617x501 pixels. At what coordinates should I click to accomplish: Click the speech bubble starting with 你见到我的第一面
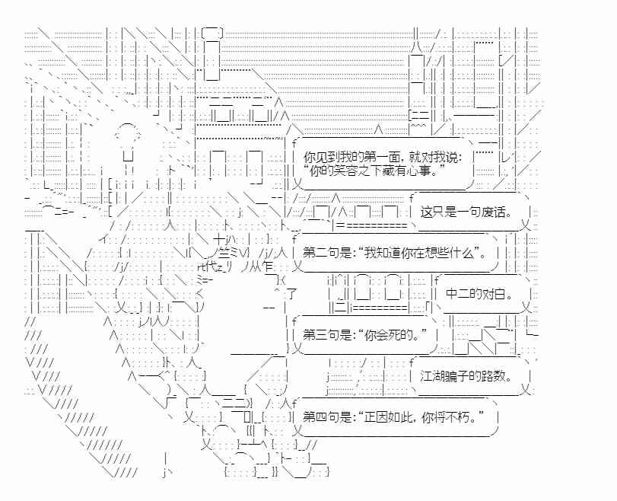pos(383,164)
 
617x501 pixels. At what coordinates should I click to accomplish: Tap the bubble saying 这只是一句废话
pos(470,212)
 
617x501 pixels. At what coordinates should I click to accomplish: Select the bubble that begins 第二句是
pos(396,253)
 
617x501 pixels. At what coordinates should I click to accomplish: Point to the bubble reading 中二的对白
pos(483,294)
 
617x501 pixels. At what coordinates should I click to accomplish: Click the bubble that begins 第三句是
pos(365,335)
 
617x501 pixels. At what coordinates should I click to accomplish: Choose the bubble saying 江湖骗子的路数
pos(470,376)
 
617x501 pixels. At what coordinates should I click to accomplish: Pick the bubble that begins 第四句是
pos(396,416)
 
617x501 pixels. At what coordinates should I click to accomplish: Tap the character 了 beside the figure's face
pos(291,294)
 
